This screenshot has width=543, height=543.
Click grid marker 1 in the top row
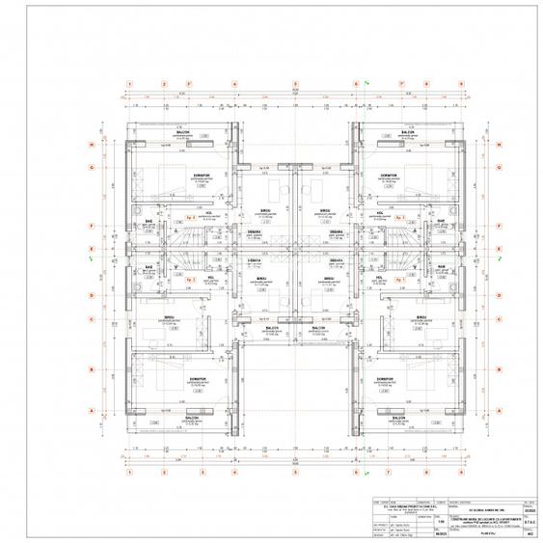coord(128,84)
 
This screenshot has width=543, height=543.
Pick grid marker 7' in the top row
coord(400,84)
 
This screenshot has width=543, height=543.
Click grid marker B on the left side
coord(92,368)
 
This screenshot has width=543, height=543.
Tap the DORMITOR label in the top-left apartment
coord(201,176)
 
